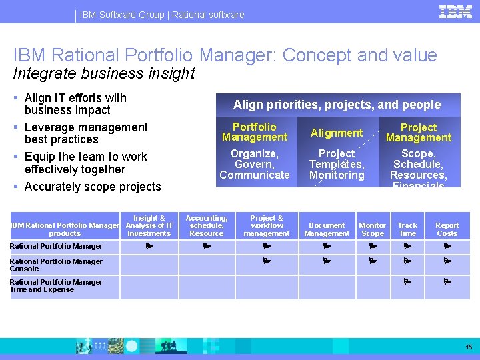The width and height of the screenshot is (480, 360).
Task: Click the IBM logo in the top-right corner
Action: [x=456, y=11]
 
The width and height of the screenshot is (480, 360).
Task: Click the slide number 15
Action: [x=469, y=347]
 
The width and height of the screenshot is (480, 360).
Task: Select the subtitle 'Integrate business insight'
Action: [x=104, y=73]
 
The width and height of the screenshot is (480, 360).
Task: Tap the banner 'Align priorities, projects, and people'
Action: [x=337, y=105]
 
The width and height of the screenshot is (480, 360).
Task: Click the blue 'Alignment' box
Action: [x=337, y=133]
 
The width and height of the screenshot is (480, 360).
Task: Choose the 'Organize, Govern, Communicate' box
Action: [x=255, y=164]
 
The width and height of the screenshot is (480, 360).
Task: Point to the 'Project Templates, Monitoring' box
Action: [x=337, y=164]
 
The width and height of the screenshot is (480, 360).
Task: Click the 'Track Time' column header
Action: [x=407, y=229]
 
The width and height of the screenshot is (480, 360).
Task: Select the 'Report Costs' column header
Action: [x=447, y=229]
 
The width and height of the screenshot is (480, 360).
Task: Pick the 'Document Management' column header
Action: [x=327, y=229]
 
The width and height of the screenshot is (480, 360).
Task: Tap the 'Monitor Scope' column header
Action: [x=372, y=229]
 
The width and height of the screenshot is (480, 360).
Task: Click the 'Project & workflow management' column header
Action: [x=266, y=226]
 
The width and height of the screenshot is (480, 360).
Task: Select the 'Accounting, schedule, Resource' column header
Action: [x=207, y=226]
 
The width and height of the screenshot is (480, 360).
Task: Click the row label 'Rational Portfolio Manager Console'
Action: [x=56, y=265]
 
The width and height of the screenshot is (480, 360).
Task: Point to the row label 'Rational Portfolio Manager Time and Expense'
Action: [x=56, y=286]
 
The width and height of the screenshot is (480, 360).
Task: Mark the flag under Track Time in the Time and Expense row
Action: [x=407, y=282]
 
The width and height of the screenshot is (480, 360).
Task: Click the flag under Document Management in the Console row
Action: [x=327, y=261]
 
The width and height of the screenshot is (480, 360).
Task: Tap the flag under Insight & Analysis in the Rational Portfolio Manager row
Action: [x=149, y=246]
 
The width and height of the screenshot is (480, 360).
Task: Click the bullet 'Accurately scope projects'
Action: [x=93, y=187]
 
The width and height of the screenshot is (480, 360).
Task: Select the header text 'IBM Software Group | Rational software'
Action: [x=162, y=15]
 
